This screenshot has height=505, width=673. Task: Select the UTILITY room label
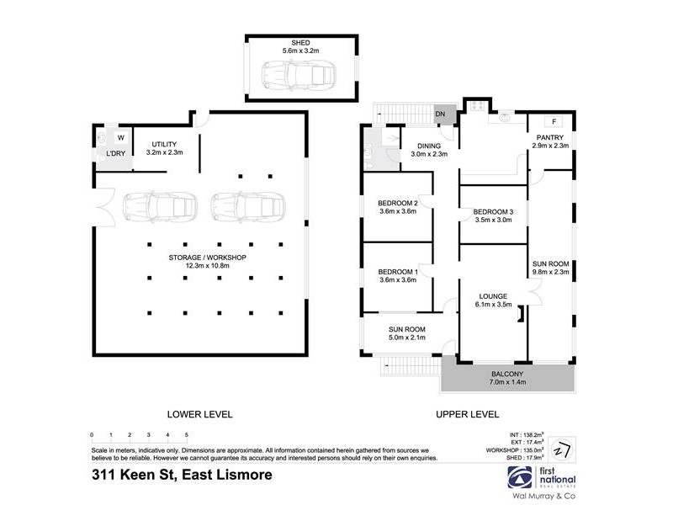pyautogui.click(x=164, y=145)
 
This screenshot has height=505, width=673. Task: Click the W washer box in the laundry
pyautogui.click(x=119, y=137)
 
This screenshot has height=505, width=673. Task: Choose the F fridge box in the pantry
pyautogui.click(x=555, y=122)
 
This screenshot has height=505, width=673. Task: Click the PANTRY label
pyautogui.click(x=551, y=138)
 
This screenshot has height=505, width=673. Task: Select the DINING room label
pyautogui.click(x=428, y=146)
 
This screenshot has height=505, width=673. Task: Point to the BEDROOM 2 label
pyautogui.click(x=398, y=202)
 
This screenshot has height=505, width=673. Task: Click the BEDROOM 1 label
pyautogui.click(x=398, y=272)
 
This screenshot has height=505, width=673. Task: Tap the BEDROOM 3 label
pyautogui.click(x=493, y=211)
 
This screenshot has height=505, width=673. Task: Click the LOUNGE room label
pyautogui.click(x=494, y=296)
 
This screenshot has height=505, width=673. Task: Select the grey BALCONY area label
pyautogui.click(x=507, y=374)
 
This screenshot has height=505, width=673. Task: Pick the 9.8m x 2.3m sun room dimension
pyautogui.click(x=551, y=273)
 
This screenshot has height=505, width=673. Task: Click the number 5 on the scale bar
pyautogui.click(x=186, y=435)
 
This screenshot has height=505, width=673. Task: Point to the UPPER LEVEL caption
pyautogui.click(x=467, y=414)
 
